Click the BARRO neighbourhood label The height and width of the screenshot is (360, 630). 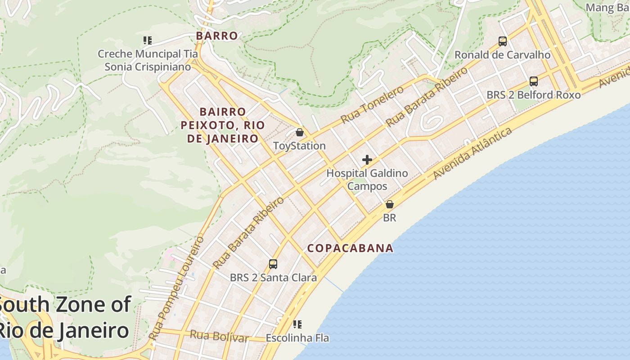[x=217, y=36]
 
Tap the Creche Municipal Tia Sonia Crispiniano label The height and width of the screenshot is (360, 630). [x=148, y=60]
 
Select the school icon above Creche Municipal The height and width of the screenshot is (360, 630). [x=147, y=40]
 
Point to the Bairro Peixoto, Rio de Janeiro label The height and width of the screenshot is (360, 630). [x=220, y=125]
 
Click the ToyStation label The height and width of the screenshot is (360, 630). [x=299, y=146]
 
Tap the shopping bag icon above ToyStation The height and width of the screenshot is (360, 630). [x=300, y=132]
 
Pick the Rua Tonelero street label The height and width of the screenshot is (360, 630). [x=372, y=105]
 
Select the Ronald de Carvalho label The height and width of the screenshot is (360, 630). [x=502, y=55]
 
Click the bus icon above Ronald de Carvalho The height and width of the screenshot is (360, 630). [x=503, y=41]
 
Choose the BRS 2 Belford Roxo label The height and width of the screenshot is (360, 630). [x=533, y=95]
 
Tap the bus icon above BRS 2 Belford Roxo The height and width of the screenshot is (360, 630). [x=534, y=81]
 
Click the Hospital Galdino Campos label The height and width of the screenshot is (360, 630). [x=367, y=180]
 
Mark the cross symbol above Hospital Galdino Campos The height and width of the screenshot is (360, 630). [x=367, y=160]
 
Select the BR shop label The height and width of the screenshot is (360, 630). [x=389, y=218]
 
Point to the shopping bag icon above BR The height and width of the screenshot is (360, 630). [x=390, y=204]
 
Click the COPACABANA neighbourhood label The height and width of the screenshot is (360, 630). [x=350, y=248]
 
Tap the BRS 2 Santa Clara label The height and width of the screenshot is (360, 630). [x=273, y=278]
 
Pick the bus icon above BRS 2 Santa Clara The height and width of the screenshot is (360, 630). [x=273, y=264]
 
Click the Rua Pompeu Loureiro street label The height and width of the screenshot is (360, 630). [x=176, y=288]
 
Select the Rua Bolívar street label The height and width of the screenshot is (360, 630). [x=219, y=336]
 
